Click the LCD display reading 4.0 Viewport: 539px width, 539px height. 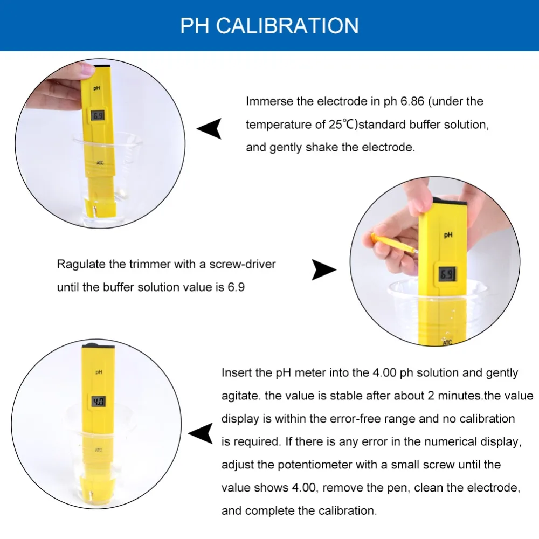point(99,402)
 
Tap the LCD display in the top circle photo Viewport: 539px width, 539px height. point(98,116)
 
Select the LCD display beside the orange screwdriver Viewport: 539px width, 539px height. point(447,274)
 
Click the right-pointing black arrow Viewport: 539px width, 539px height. point(324,270)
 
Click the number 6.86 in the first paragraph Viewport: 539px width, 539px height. point(412,101)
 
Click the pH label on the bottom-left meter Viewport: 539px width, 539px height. point(99,372)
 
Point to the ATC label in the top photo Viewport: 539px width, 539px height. point(100,163)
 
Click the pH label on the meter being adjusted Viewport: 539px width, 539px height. point(448,235)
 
